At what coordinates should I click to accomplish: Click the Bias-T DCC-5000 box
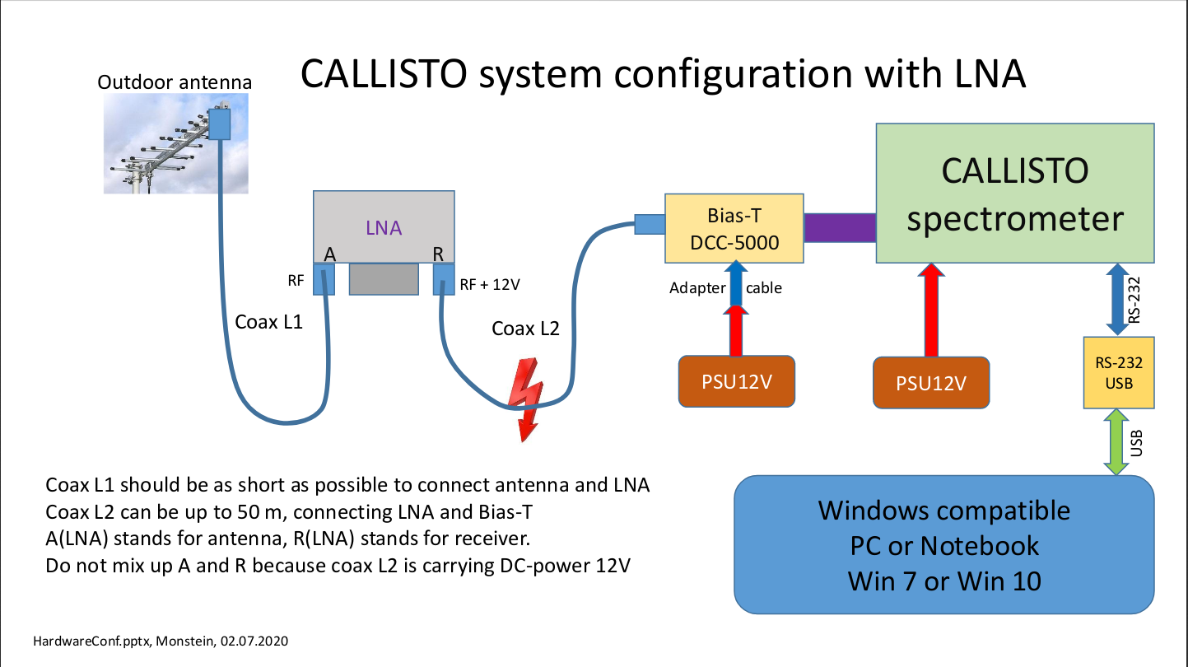pyautogui.click(x=734, y=228)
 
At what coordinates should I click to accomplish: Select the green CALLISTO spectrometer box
pyautogui.click(x=1015, y=194)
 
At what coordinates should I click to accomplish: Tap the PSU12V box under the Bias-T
pyautogui.click(x=737, y=381)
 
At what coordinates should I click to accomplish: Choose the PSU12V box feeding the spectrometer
pyautogui.click(x=931, y=383)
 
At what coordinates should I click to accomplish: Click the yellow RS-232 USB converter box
pyautogui.click(x=1119, y=372)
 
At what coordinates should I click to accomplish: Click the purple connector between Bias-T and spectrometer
pyautogui.click(x=840, y=227)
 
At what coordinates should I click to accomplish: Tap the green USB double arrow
pyautogui.click(x=1116, y=442)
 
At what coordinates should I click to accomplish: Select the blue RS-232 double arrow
pyautogui.click(x=1117, y=299)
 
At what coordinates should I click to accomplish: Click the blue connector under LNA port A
pyautogui.click(x=324, y=279)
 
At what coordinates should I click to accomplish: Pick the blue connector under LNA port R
pyautogui.click(x=444, y=279)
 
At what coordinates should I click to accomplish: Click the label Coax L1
pyautogui.click(x=269, y=322)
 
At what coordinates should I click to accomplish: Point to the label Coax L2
pyautogui.click(x=525, y=329)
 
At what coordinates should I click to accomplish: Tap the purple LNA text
pyautogui.click(x=384, y=227)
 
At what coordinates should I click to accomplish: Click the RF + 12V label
pyautogui.click(x=490, y=285)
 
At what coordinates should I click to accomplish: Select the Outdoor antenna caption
pyautogui.click(x=175, y=82)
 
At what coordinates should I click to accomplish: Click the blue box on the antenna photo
pyautogui.click(x=220, y=124)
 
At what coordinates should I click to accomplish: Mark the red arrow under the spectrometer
pyautogui.click(x=931, y=310)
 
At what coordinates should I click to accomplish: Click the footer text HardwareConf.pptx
pyautogui.click(x=93, y=641)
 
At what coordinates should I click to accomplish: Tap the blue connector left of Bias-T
pyautogui.click(x=650, y=224)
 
